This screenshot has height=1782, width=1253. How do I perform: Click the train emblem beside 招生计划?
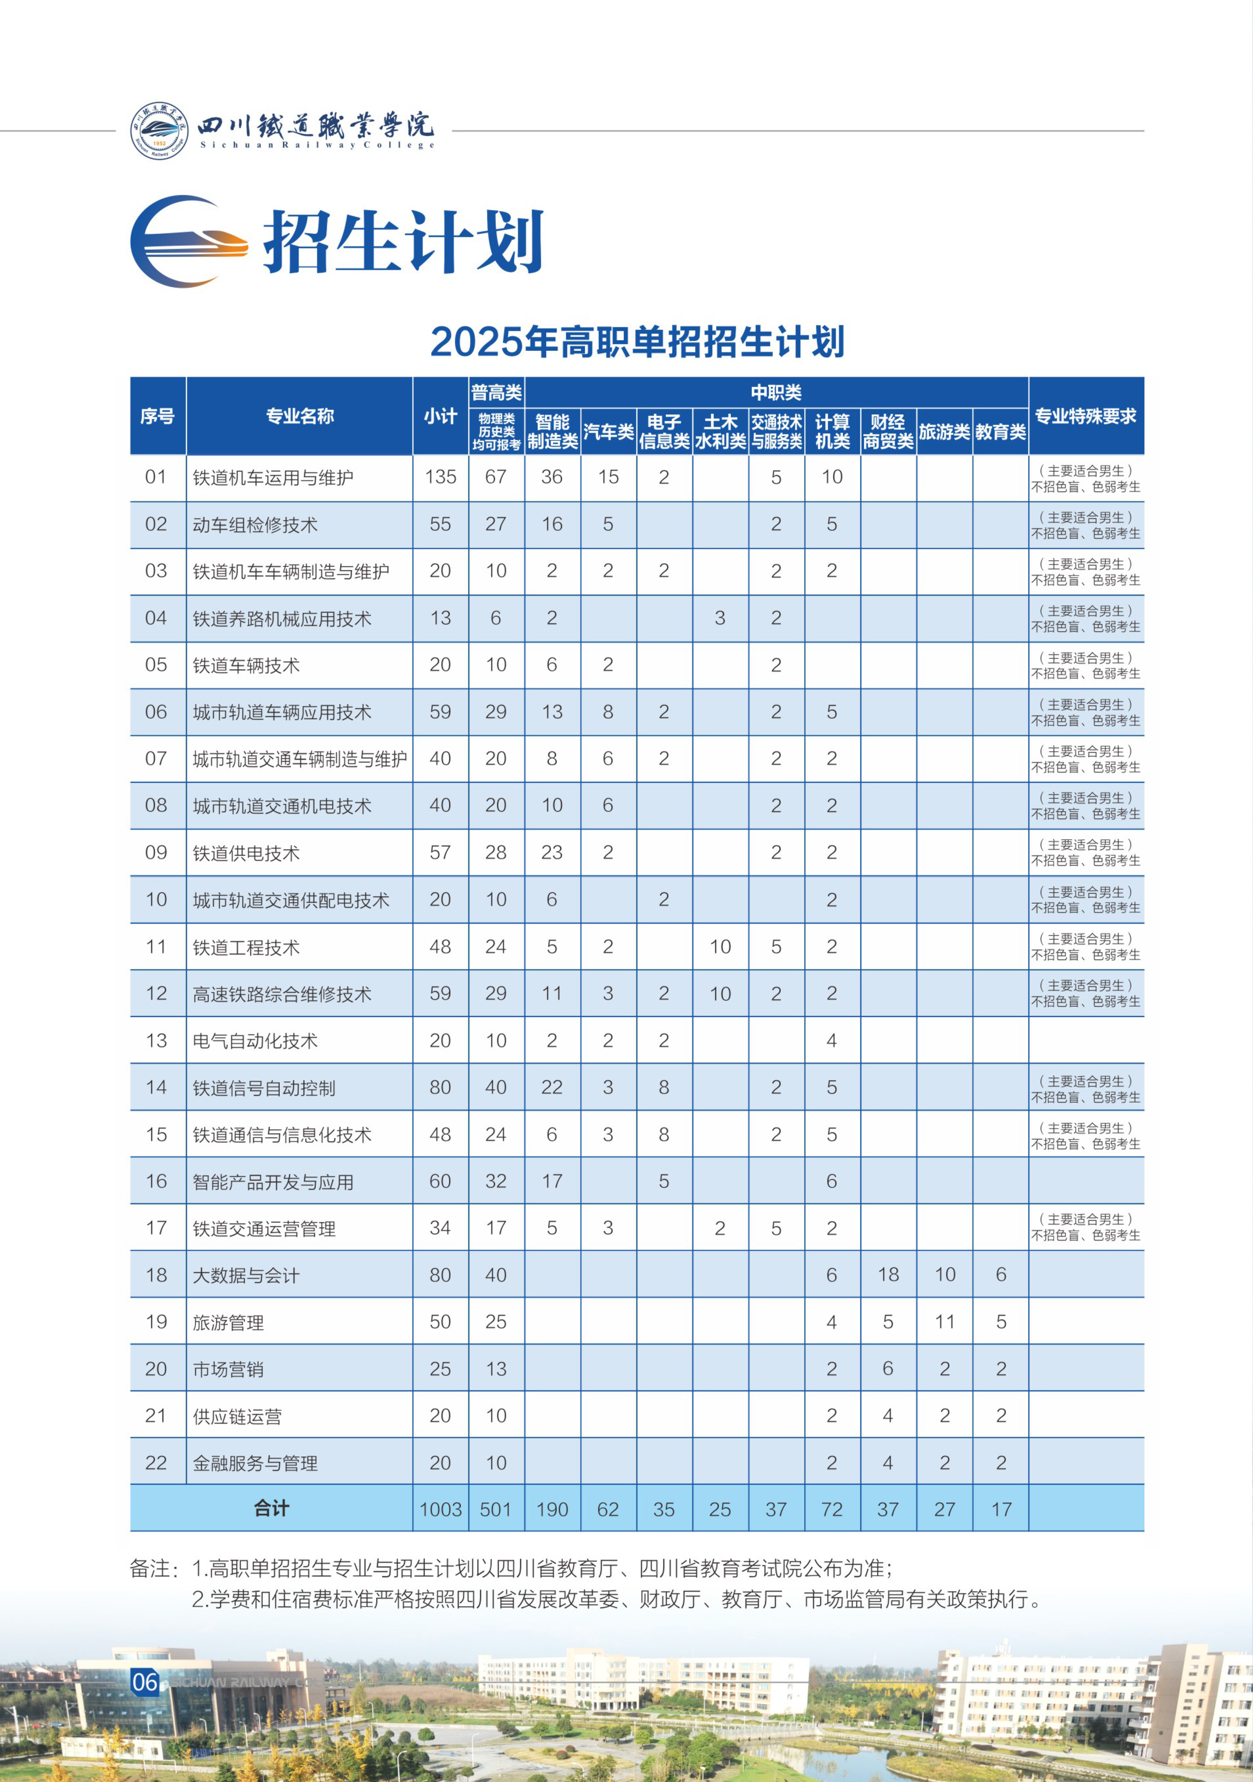[189, 241]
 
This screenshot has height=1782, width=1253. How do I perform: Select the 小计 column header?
[440, 416]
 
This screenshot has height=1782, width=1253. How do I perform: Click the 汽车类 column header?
[608, 431]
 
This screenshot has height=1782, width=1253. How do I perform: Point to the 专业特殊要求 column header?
[1085, 416]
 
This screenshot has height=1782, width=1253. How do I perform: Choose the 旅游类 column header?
[944, 431]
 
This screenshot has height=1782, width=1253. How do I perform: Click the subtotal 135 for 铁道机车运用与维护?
[440, 477]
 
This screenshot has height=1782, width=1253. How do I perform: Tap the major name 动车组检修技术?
[255, 525]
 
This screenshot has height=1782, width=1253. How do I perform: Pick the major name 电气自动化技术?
[255, 1041]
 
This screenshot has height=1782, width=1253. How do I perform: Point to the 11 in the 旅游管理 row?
[944, 1322]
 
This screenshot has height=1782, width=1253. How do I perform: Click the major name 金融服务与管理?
[255, 1463]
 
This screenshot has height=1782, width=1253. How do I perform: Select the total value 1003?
[440, 1509]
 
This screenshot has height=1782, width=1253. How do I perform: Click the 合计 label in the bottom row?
[271, 1508]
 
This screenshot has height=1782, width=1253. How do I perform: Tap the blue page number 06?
[145, 1682]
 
